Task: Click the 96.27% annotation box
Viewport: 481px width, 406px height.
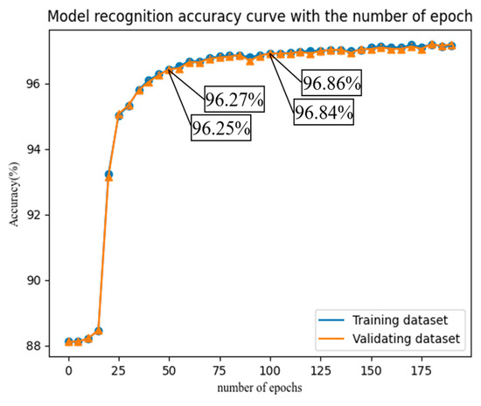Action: [x=234, y=100]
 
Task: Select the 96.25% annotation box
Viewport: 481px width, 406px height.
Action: [x=221, y=127]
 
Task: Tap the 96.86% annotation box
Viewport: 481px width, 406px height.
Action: [x=331, y=85]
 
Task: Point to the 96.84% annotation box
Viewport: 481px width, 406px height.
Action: [x=323, y=113]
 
